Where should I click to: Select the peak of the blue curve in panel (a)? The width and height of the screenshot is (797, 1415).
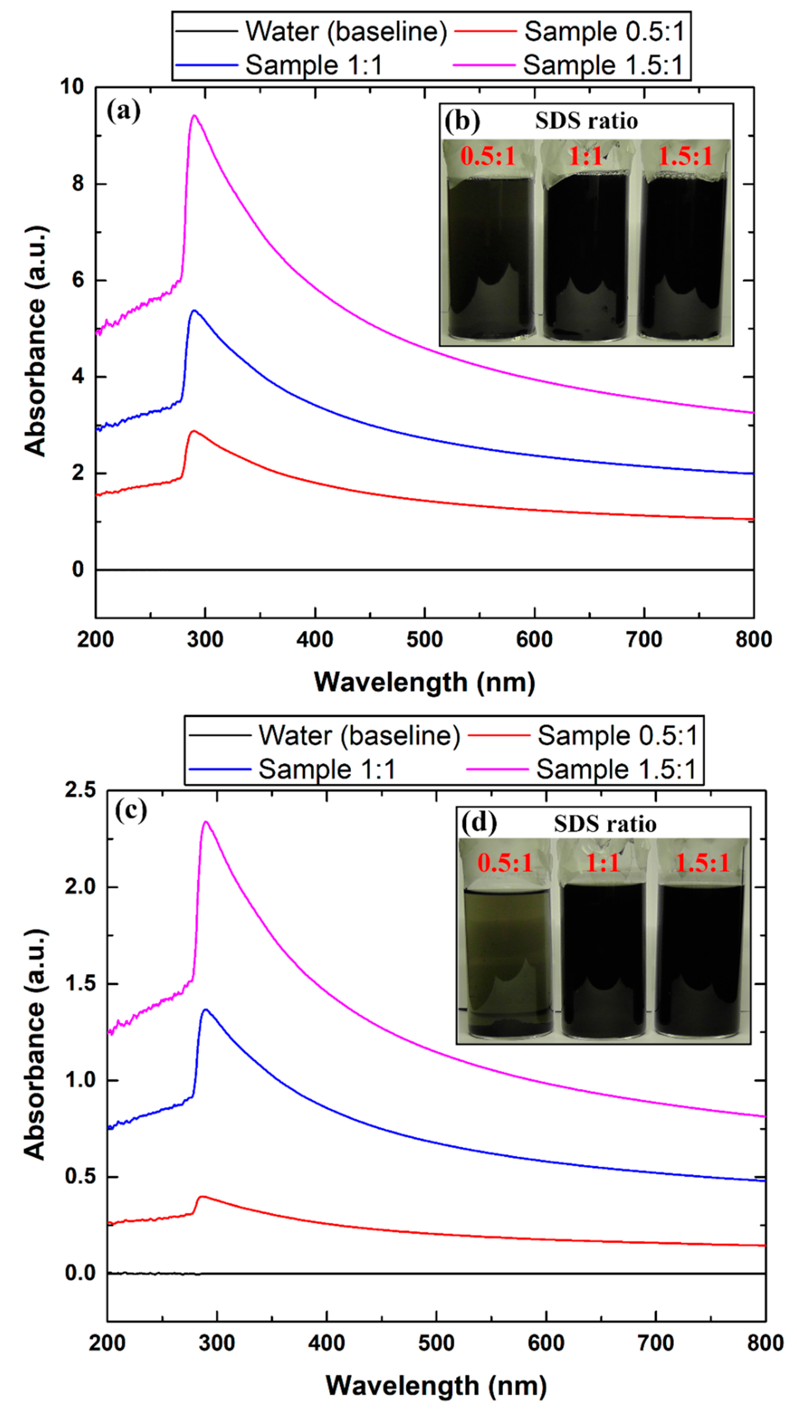point(194,311)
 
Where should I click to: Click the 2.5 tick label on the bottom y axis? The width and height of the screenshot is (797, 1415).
point(80,791)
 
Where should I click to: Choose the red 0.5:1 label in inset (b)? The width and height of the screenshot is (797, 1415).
point(488,157)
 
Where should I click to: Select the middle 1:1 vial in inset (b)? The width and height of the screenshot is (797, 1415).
point(586,256)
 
